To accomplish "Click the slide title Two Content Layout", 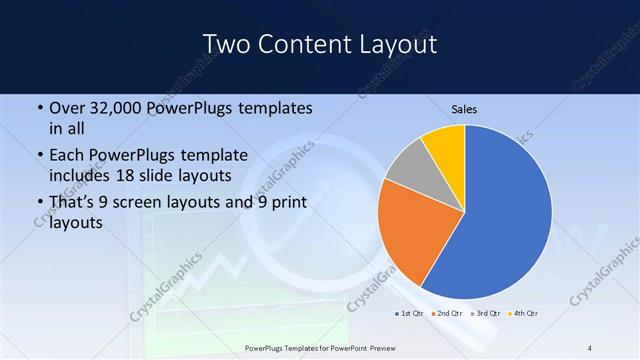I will (319, 44).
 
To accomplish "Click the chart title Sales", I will (464, 108).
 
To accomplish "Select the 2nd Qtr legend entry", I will (446, 314).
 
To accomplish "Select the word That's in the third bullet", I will (73, 202).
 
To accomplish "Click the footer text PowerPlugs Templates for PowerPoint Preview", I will (329, 347).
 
